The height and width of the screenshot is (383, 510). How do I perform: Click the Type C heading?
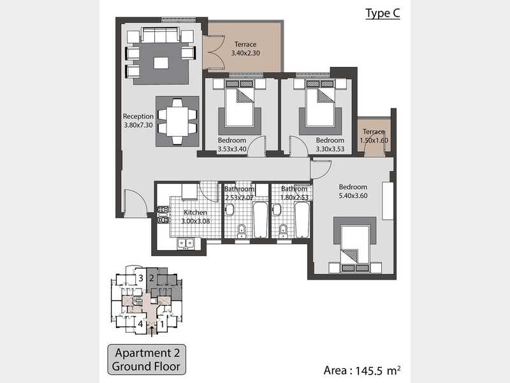pyautogui.click(x=382, y=13)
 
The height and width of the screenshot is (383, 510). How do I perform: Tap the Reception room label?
pyautogui.click(x=138, y=116)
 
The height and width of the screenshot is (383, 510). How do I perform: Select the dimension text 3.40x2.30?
pyautogui.click(x=245, y=53)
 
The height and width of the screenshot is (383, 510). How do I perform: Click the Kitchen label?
pyautogui.click(x=195, y=213)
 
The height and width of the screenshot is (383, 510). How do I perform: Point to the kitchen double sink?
pyautogui.click(x=186, y=243)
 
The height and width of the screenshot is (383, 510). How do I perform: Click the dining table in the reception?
pyautogui.click(x=177, y=121)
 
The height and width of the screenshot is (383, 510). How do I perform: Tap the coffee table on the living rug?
pyautogui.click(x=161, y=63)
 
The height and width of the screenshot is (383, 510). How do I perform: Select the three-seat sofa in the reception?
pyautogui.click(x=161, y=35)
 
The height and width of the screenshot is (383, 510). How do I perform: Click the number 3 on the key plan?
pyautogui.click(x=140, y=278)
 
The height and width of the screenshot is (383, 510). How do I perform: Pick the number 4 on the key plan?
pyautogui.click(x=140, y=324)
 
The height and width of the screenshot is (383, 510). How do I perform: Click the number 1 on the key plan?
pyautogui.click(x=162, y=324)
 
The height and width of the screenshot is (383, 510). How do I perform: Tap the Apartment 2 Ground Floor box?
pyautogui.click(x=147, y=359)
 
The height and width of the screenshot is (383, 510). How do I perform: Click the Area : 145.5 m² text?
pyautogui.click(x=362, y=370)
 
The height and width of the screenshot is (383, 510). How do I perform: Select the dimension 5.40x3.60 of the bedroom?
pyautogui.click(x=353, y=196)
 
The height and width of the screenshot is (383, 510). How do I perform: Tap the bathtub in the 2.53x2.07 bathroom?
pyautogui.click(x=260, y=220)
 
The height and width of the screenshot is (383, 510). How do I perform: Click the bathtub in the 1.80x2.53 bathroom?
pyautogui.click(x=302, y=220)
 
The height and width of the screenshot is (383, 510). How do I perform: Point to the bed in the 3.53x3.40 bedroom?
pyautogui.click(x=240, y=103)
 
